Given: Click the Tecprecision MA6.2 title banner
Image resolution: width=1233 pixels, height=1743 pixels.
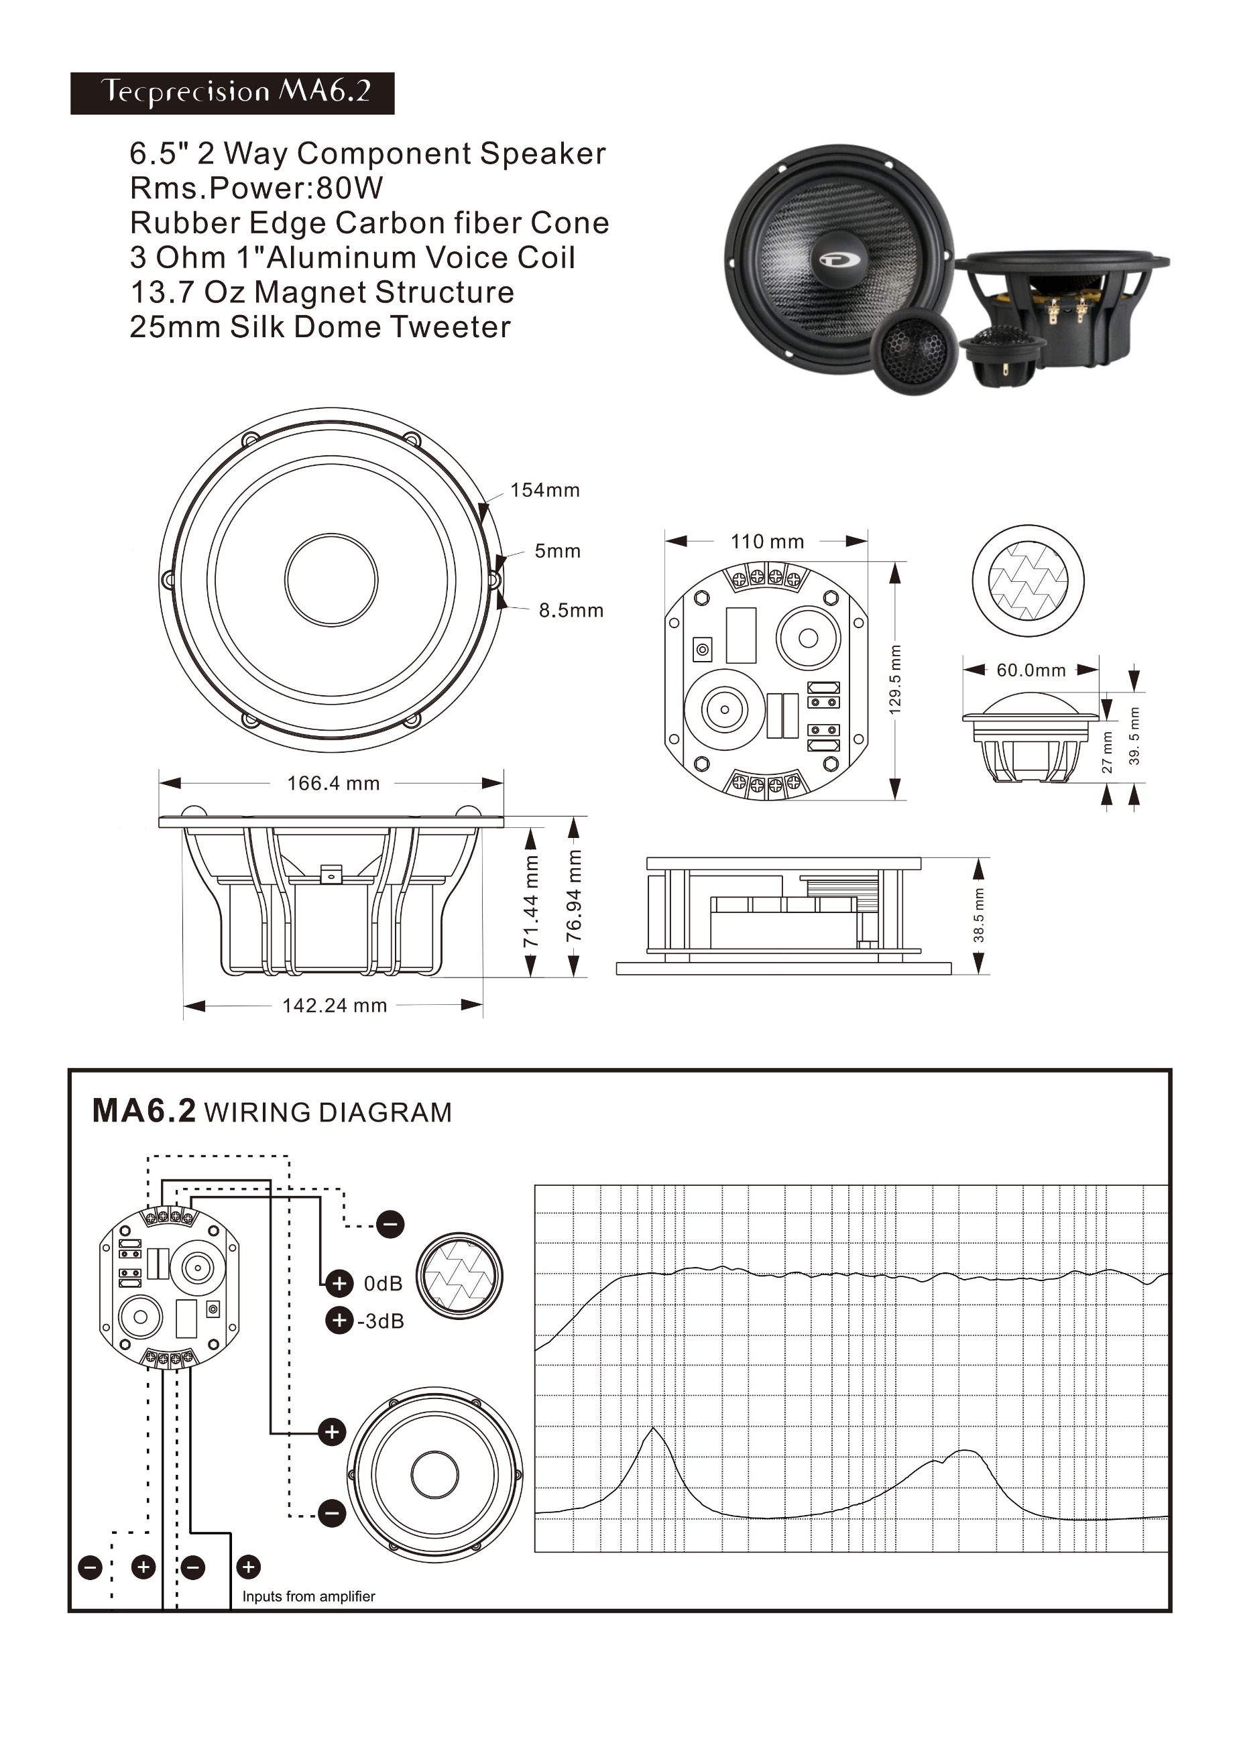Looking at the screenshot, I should [x=233, y=93].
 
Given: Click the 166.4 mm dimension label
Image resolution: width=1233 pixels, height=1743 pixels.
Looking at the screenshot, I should [x=333, y=784].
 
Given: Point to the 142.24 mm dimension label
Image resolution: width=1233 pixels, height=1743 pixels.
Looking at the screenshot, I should [x=335, y=1005].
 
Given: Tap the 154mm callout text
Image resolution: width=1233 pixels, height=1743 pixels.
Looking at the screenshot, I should [x=545, y=491].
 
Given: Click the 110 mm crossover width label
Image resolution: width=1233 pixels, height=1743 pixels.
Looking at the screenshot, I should [x=767, y=541].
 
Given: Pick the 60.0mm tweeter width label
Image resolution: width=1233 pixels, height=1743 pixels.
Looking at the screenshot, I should [x=1031, y=670].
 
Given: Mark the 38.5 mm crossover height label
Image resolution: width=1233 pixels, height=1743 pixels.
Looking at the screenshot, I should [x=979, y=915].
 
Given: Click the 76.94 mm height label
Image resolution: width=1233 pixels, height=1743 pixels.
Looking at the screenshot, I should [x=575, y=895].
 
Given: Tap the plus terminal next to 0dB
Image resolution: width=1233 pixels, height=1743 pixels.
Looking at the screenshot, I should [x=339, y=1283].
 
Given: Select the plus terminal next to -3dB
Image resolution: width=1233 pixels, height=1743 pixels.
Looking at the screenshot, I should [x=339, y=1320].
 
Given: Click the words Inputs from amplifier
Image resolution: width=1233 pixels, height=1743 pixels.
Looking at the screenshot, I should [x=308, y=1596].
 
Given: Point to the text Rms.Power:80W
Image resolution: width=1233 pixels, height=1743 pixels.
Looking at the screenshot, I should [x=257, y=188].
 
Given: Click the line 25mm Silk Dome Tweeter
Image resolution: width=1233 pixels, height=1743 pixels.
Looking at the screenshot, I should [x=320, y=326].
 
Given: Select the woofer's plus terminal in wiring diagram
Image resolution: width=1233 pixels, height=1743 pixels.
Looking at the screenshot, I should [x=332, y=1432].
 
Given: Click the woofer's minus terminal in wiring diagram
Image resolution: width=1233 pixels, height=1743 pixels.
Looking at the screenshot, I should [x=332, y=1513].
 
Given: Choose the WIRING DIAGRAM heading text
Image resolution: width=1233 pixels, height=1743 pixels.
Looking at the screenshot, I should [x=328, y=1112].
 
